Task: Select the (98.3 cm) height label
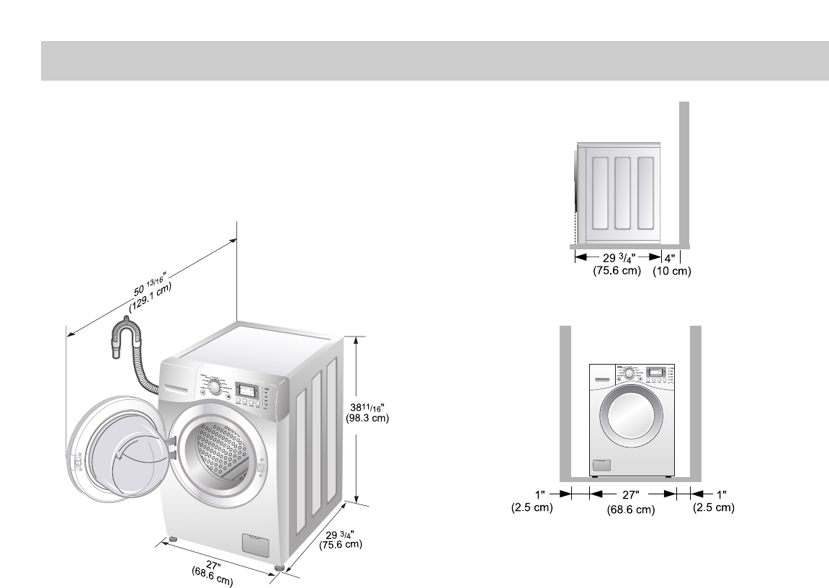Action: tap(367, 418)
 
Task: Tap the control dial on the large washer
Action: tap(214, 387)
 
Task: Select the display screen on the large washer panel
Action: tap(246, 390)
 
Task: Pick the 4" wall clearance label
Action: tap(671, 257)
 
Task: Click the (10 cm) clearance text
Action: tap(671, 272)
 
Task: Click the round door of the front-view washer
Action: tap(630, 421)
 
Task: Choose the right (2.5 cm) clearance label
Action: tap(713, 507)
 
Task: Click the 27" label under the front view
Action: tap(632, 494)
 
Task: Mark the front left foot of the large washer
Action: tap(172, 539)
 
